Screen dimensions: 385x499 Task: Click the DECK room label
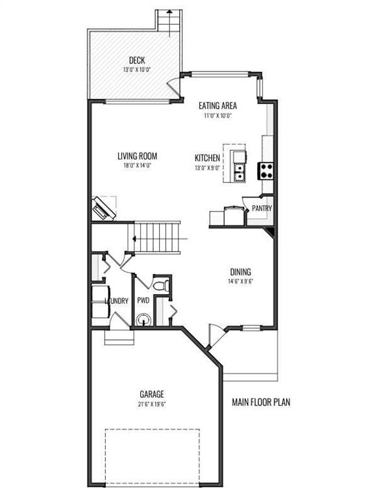pos(137,60)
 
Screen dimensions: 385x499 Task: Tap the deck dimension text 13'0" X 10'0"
pos(137,70)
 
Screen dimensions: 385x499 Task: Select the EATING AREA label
pos(217,105)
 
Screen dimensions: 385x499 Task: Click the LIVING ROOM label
pos(138,156)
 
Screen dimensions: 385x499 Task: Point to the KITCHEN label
pos(207,158)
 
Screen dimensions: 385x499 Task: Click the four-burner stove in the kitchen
pos(266,171)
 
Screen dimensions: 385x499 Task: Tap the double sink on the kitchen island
pos(240,172)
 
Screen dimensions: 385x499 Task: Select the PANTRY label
pos(262,208)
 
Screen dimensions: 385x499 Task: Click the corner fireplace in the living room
pos(103,209)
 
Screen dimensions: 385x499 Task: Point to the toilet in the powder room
pos(161,285)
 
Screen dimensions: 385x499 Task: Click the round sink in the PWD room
pos(143,320)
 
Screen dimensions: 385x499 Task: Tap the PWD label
pos(143,300)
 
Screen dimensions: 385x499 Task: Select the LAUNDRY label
pos(117,301)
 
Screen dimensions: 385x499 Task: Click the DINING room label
pos(241,272)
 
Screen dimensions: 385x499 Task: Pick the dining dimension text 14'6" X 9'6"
pos(240,281)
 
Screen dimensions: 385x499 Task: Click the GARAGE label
pos(152,394)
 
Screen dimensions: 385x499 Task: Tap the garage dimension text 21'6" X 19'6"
pos(152,405)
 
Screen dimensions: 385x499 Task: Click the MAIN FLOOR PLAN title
pos(261,402)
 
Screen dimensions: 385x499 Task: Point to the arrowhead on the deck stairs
pos(169,12)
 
